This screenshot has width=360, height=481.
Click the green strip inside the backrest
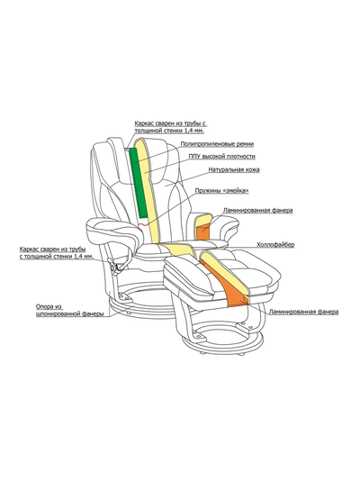(139, 183)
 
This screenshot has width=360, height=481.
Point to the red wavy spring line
(144, 225)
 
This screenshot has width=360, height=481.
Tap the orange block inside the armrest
(202, 232)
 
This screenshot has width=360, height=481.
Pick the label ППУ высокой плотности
(221, 156)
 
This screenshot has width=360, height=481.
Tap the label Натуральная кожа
(234, 169)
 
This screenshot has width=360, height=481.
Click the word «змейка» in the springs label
(236, 190)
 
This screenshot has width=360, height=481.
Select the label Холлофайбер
(275, 244)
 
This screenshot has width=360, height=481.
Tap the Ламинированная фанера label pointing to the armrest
(257, 211)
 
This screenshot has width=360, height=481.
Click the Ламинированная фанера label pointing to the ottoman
(303, 312)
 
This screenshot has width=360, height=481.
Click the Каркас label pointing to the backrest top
(170, 127)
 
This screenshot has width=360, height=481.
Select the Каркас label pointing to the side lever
(57, 253)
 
